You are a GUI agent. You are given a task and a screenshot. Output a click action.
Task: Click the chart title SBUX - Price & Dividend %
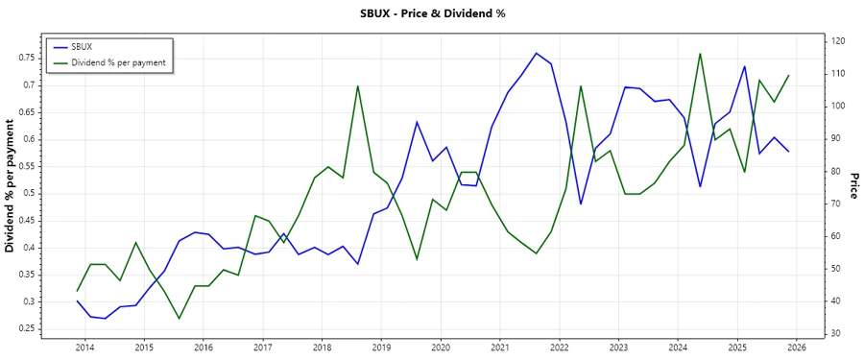click(x=431, y=13)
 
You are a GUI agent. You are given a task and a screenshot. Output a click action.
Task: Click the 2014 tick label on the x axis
click(x=84, y=347)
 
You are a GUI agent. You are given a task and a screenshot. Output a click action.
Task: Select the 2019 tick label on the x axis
click(x=381, y=347)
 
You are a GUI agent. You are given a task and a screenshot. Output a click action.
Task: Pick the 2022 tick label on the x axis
click(x=559, y=347)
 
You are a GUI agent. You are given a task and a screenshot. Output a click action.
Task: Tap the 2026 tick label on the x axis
click(x=796, y=347)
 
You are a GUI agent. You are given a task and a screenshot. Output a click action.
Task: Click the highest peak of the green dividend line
click(x=700, y=54)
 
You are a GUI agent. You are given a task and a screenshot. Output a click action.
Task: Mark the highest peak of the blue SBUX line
click(x=536, y=53)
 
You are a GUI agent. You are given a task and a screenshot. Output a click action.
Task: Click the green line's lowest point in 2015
click(x=180, y=319)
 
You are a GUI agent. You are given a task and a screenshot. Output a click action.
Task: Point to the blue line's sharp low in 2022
click(x=581, y=204)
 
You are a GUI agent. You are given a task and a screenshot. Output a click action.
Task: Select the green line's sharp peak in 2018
click(x=358, y=85)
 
